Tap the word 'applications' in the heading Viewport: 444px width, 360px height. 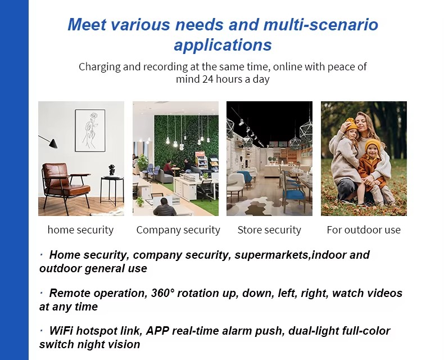(223, 45)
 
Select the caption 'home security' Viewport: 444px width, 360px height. (80, 229)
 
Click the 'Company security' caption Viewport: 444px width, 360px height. (178, 229)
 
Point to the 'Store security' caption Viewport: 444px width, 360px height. (269, 229)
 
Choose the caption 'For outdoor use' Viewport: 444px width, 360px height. (364, 229)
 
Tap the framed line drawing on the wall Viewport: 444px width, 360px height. (90, 130)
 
